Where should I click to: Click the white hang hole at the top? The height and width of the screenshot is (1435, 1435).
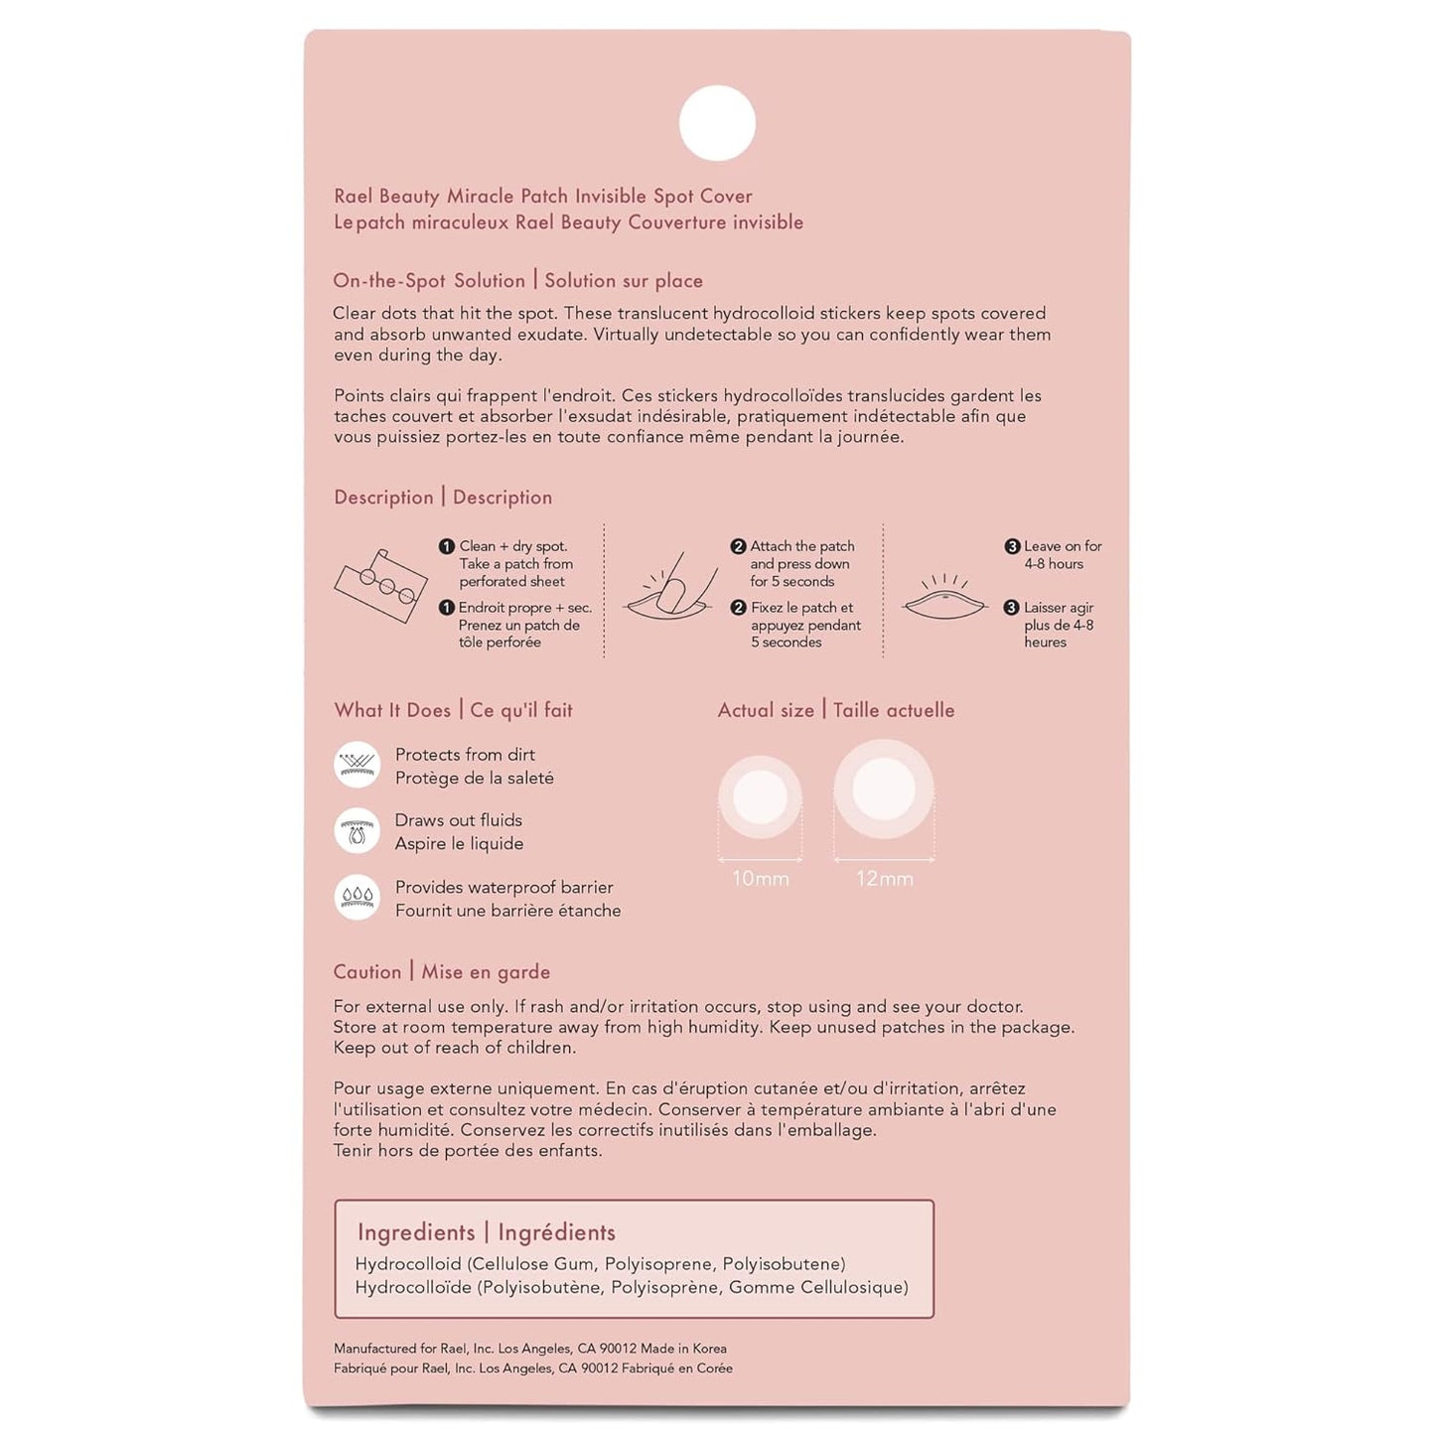coord(717,123)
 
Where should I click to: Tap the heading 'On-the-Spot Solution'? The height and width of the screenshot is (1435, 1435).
coord(429,281)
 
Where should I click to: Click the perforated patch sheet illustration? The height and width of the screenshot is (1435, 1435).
coord(380,585)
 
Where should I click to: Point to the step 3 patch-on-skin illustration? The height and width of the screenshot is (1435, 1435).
coord(944,598)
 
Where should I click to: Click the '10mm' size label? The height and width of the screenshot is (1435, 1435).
coord(760,879)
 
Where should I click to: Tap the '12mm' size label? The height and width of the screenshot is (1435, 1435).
coord(884,879)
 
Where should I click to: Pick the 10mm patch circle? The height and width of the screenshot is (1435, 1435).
coord(760,796)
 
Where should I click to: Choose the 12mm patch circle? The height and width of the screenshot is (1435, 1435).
coord(884,789)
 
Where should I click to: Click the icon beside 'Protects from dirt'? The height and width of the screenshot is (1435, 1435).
coord(357,765)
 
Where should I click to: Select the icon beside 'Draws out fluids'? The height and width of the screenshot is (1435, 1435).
coord(357,831)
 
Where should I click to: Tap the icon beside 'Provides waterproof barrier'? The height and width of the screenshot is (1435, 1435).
coord(357,897)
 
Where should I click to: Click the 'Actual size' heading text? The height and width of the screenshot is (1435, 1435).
coord(766,710)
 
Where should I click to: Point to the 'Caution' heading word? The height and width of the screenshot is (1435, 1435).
coord(367,972)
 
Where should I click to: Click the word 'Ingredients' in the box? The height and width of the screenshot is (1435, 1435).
coord(416,1232)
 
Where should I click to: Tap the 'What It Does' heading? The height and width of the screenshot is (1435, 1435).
coord(392,710)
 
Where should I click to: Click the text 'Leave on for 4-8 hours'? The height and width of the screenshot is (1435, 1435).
coord(1062,555)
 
